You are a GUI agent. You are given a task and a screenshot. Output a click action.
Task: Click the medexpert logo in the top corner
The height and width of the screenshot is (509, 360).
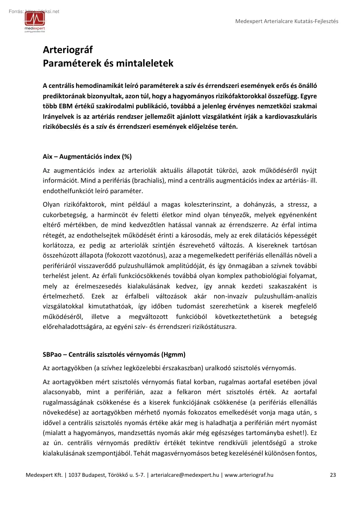point(34,22)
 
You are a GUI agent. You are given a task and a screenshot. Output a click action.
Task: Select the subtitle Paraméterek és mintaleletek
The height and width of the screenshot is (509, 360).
point(108,64)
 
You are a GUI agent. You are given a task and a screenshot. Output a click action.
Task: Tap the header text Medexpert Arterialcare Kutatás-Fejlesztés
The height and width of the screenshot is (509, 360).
point(286,21)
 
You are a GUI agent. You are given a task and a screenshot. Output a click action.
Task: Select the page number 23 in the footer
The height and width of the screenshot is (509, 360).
point(333,475)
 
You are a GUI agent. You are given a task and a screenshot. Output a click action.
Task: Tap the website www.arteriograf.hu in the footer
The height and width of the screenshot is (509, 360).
point(249,475)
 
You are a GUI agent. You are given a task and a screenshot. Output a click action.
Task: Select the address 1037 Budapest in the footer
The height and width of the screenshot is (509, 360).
point(82,475)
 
